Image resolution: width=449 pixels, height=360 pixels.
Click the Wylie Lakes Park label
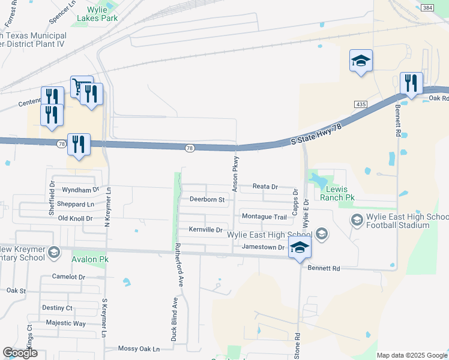click(x=97, y=14)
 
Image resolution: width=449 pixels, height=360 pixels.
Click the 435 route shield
click(x=361, y=104)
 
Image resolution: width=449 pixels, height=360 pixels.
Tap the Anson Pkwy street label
click(x=236, y=174)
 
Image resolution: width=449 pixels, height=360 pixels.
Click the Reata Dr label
click(x=265, y=187)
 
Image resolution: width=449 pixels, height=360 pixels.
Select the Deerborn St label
click(x=206, y=199)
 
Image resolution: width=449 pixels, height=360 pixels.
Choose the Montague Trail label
click(x=264, y=216)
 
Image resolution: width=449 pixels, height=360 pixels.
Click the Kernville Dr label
click(x=206, y=230)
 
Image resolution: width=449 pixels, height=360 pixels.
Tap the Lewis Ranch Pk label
click(x=337, y=193)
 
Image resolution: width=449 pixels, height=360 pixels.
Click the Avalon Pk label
click(x=89, y=260)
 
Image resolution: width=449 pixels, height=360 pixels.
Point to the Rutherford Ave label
click(x=178, y=264)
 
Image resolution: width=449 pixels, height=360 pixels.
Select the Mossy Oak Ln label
click(x=139, y=349)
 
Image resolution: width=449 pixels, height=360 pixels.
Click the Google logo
click(x=20, y=353)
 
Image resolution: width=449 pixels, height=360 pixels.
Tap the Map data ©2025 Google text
click(x=412, y=355)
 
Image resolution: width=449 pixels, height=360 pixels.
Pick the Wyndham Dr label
click(x=80, y=190)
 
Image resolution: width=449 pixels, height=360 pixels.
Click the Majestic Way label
click(x=67, y=323)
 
